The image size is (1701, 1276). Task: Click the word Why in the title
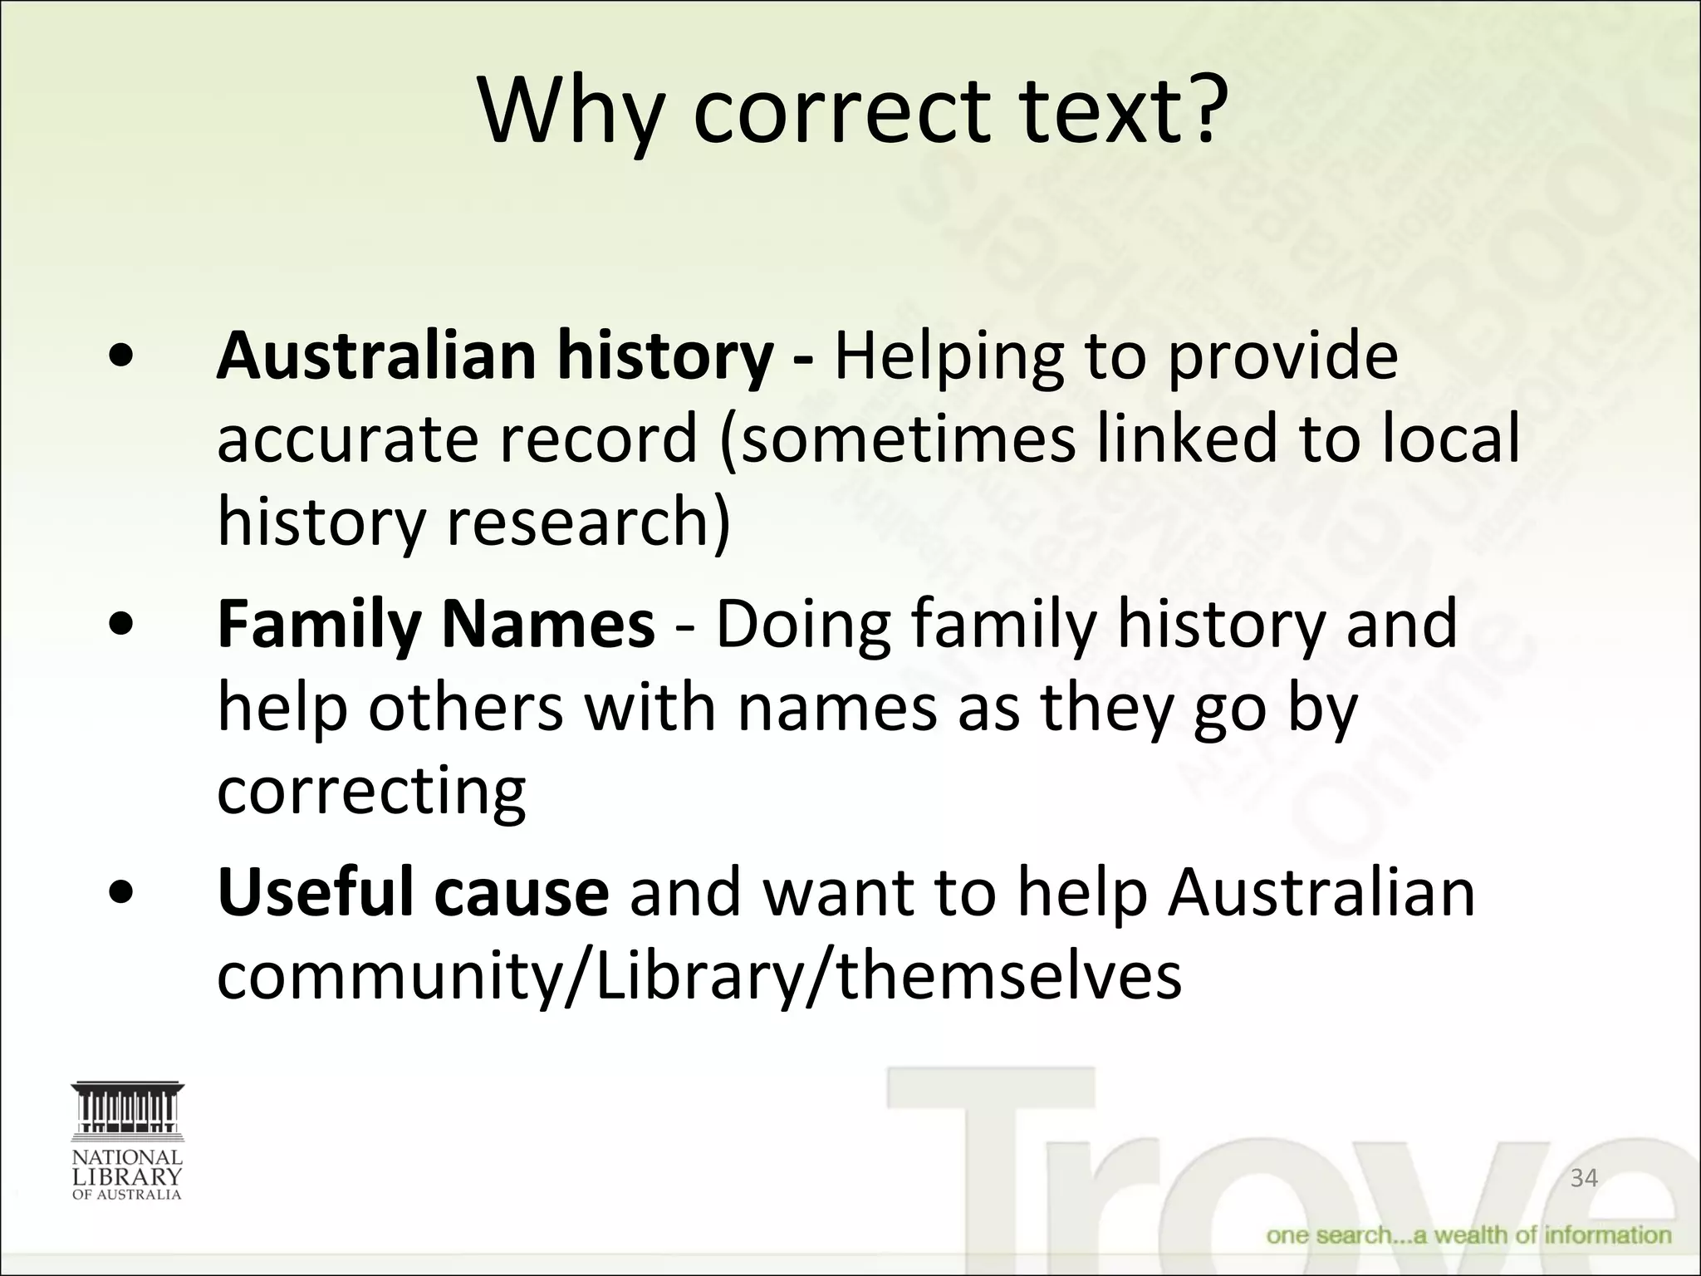(571, 112)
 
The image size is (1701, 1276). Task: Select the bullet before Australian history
(122, 357)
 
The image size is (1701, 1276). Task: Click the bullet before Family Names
(122, 626)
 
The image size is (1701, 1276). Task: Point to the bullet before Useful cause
(122, 894)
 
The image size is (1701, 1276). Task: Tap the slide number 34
(1584, 1177)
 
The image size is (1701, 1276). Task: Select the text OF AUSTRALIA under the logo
(127, 1195)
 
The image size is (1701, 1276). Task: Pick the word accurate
(348, 439)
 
